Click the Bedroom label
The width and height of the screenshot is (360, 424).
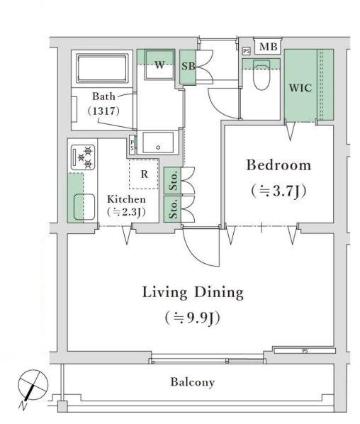click(279, 165)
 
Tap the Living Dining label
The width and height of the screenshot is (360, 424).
click(193, 293)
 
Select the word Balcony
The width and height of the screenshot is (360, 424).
click(193, 382)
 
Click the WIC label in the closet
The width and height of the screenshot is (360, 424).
click(300, 88)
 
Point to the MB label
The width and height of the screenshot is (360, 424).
click(269, 47)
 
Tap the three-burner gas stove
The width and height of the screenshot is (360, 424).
click(83, 157)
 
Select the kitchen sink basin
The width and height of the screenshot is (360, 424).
click(84, 207)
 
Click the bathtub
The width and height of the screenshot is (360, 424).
click(102, 69)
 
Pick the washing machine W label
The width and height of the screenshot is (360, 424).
click(159, 65)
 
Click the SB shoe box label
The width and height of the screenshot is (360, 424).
click(188, 66)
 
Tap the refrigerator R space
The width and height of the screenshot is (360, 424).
click(144, 174)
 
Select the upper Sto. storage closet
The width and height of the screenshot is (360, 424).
click(172, 180)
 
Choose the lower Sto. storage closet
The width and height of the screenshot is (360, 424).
click(172, 209)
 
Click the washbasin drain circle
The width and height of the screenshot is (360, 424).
click(158, 147)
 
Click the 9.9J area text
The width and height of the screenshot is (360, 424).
click(193, 318)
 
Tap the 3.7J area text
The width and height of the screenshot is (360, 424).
click(279, 191)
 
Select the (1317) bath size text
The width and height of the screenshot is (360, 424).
click(103, 111)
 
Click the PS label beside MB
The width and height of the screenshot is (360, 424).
click(246, 51)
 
